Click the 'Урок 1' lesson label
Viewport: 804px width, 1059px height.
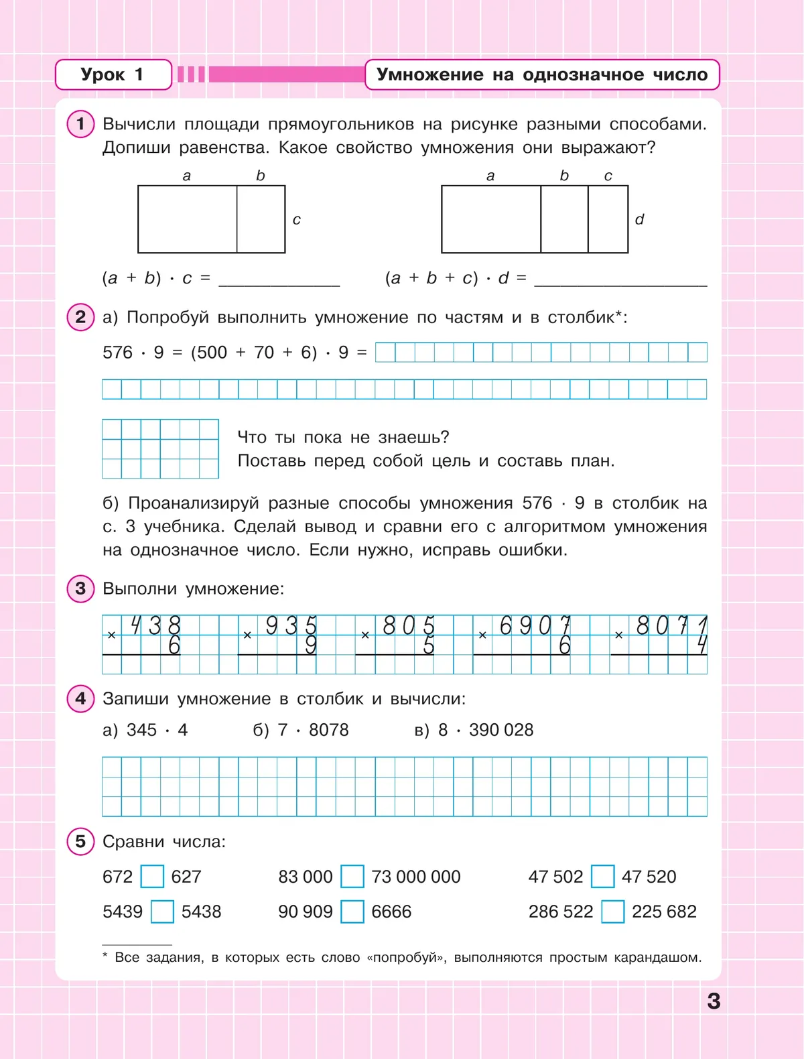[113, 74]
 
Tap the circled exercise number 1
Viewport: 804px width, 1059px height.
[81, 124]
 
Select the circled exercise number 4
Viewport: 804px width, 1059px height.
[81, 698]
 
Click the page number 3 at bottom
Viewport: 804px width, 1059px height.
[714, 1001]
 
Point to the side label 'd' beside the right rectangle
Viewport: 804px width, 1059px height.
[639, 219]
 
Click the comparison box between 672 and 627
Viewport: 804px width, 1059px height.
[152, 876]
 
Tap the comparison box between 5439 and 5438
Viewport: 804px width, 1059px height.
[162, 912]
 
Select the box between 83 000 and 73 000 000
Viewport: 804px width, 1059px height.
[352, 876]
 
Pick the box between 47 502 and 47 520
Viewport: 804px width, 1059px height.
[602, 876]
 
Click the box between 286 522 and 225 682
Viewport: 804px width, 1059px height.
[613, 912]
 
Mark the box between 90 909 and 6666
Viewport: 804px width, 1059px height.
[352, 912]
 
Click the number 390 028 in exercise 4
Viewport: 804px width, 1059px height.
[501, 730]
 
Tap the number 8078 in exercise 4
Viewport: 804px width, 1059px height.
[329, 730]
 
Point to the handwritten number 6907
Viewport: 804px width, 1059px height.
[535, 626]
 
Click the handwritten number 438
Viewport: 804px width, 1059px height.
[155, 626]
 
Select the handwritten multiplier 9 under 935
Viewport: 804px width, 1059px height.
[311, 645]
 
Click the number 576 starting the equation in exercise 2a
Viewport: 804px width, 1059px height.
[118, 353]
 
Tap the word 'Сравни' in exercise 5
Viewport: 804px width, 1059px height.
[133, 842]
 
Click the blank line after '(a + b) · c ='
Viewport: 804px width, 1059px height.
[279, 279]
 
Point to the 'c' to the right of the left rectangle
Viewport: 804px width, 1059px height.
[297, 220]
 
